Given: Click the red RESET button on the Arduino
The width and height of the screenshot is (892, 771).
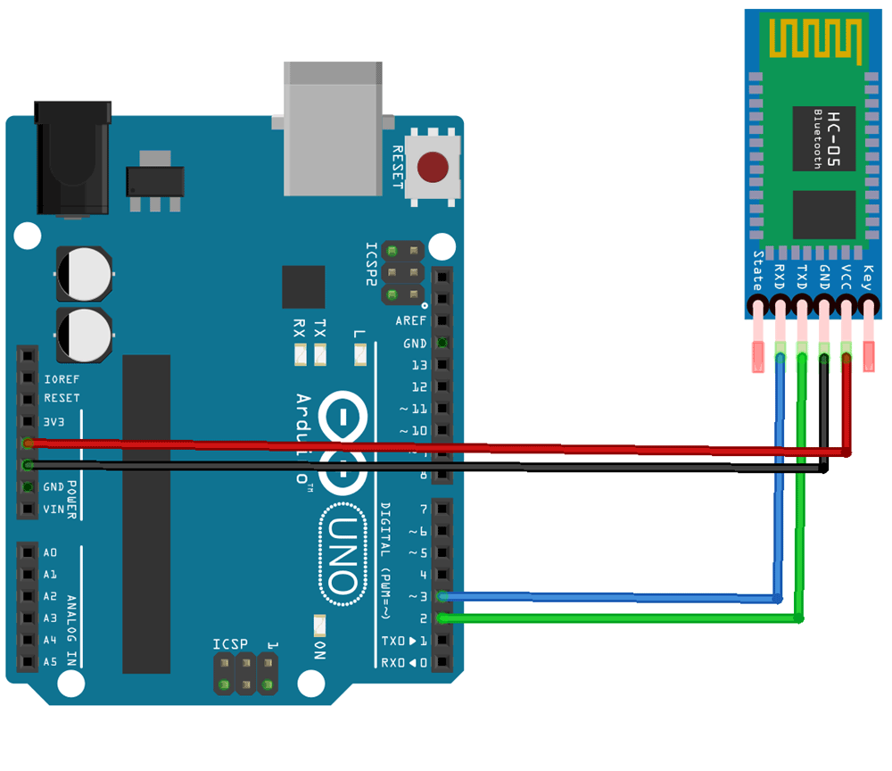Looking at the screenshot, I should click(x=434, y=167).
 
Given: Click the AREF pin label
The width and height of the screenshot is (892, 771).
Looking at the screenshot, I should click(x=411, y=320).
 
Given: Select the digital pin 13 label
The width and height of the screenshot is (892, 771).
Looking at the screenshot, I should click(x=419, y=365).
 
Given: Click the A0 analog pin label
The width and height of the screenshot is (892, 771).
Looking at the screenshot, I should click(x=50, y=552).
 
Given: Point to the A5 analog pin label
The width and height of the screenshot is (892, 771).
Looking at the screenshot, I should click(x=50, y=661).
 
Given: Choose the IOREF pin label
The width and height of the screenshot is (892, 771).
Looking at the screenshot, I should click(x=62, y=379).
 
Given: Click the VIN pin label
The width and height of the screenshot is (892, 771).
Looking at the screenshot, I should click(x=54, y=510).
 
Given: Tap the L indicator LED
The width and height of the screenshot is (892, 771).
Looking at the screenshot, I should click(x=359, y=356).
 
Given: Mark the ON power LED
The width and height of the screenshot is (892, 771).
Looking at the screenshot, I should click(x=319, y=625).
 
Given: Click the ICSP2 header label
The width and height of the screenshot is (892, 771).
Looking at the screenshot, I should click(x=371, y=264).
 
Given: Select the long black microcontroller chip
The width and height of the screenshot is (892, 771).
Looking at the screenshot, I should click(x=146, y=513).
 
